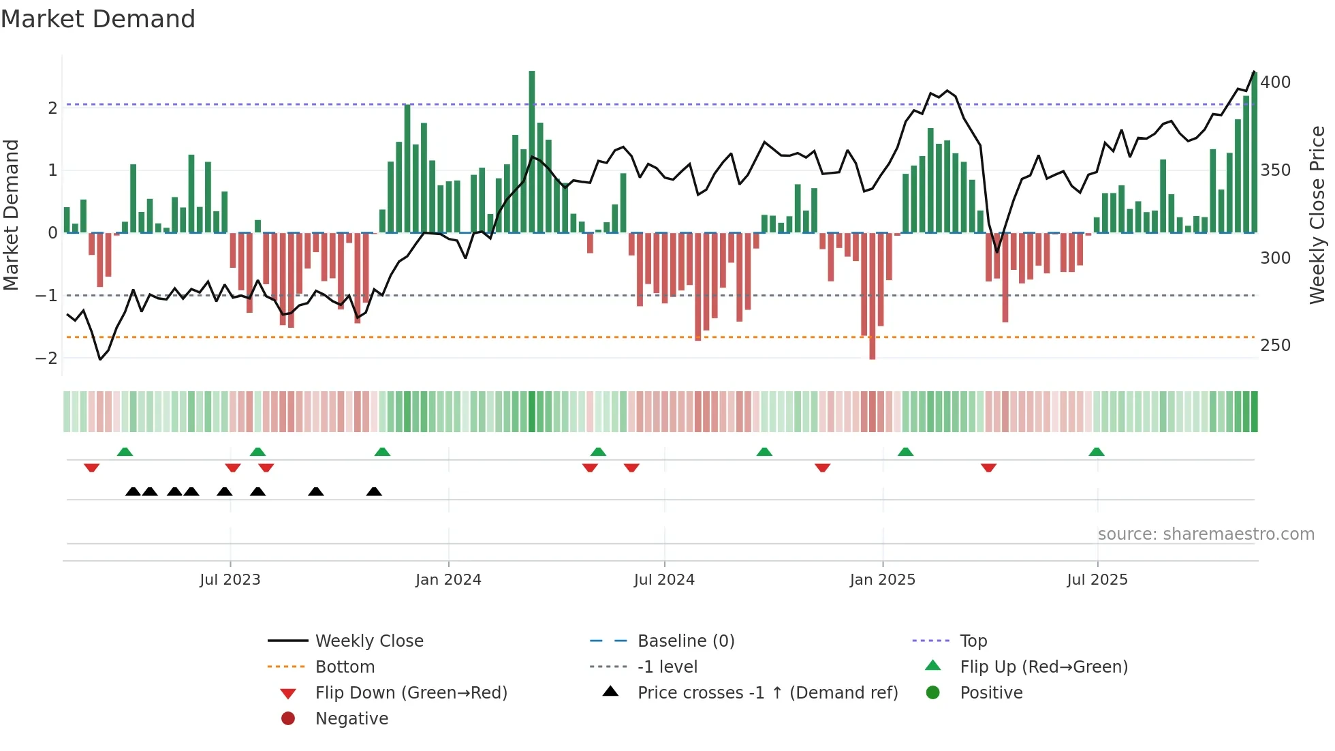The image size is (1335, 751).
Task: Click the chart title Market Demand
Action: point(98,19)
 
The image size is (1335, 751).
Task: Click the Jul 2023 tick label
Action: point(230,580)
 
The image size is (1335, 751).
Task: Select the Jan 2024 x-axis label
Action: point(448,580)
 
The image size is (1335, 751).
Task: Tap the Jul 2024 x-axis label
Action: point(664,580)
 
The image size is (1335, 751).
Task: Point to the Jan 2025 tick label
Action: point(882,580)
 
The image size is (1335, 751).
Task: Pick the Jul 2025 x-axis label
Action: point(1097,580)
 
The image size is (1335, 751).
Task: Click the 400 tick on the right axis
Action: point(1275,82)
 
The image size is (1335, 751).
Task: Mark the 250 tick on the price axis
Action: point(1275,346)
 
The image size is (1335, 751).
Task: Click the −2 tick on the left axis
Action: point(46,358)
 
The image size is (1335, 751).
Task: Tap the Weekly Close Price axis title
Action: point(1317,215)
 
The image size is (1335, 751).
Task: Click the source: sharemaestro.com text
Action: point(1206,534)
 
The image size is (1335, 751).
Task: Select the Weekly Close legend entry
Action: point(368,641)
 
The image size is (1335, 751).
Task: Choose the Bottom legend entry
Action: point(345,667)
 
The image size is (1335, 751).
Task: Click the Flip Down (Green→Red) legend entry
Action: point(411,693)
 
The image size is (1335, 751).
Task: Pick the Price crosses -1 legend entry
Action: point(767,693)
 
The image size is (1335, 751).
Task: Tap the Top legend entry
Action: point(973,641)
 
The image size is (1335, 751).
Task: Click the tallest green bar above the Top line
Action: point(532,150)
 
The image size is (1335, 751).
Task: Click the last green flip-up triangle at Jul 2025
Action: point(1096,452)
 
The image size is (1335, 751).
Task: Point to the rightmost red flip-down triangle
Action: point(988,468)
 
